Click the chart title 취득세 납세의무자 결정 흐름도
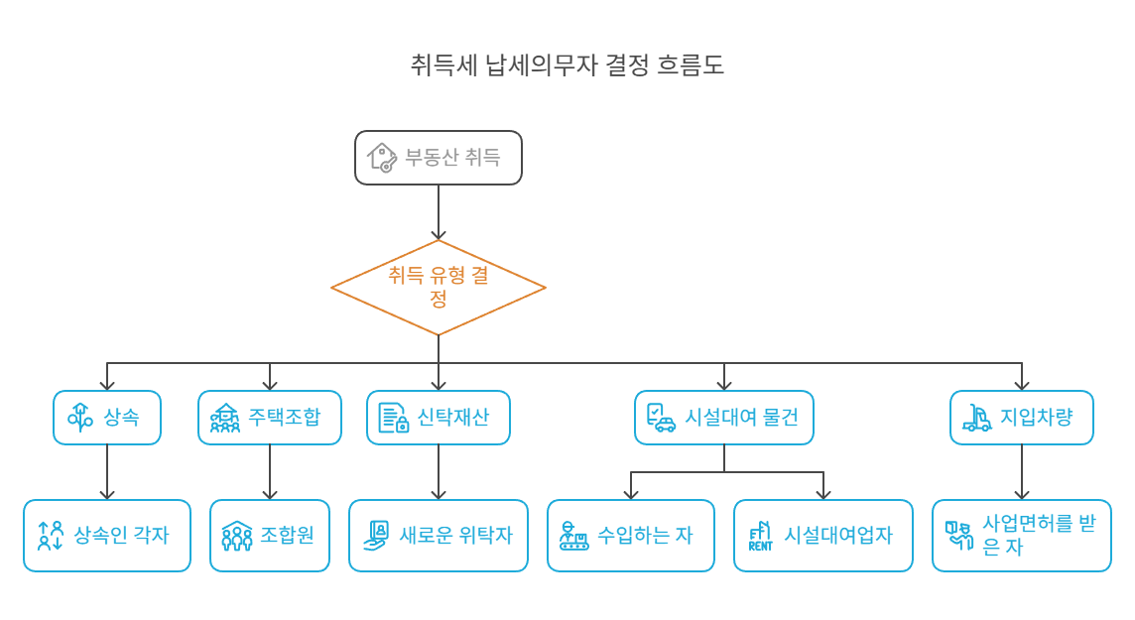(x=567, y=65)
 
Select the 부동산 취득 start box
(x=438, y=158)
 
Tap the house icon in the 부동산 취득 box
(x=381, y=158)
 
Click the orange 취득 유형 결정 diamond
(x=438, y=288)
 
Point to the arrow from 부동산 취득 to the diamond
(x=438, y=212)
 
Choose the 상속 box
(x=107, y=418)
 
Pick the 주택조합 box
(x=270, y=418)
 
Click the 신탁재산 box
(x=438, y=418)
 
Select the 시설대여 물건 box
(x=723, y=418)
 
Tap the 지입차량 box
(x=1021, y=418)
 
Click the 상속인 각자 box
(x=107, y=536)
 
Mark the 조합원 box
(x=270, y=536)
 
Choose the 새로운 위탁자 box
(x=438, y=536)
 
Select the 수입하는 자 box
(x=630, y=536)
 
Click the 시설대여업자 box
(x=822, y=536)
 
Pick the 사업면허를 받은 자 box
(x=1021, y=536)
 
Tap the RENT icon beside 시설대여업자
(x=760, y=536)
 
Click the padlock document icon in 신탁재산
(x=393, y=418)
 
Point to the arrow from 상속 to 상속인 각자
(x=107, y=472)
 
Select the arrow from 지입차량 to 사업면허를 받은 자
(x=1021, y=472)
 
